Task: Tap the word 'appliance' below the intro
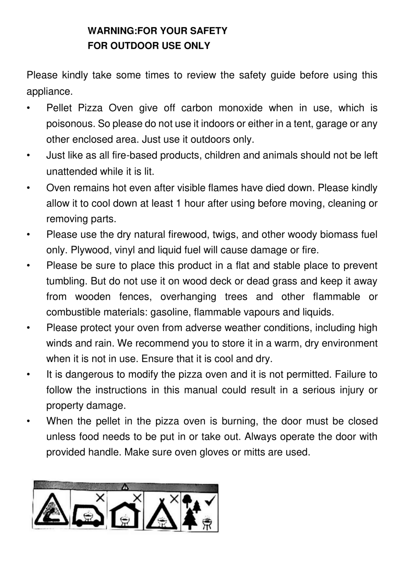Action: [x=49, y=92]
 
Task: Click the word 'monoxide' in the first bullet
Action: [x=240, y=108]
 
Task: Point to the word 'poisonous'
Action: [x=70, y=124]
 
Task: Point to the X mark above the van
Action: [x=100, y=497]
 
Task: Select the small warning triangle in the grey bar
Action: [x=125, y=486]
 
